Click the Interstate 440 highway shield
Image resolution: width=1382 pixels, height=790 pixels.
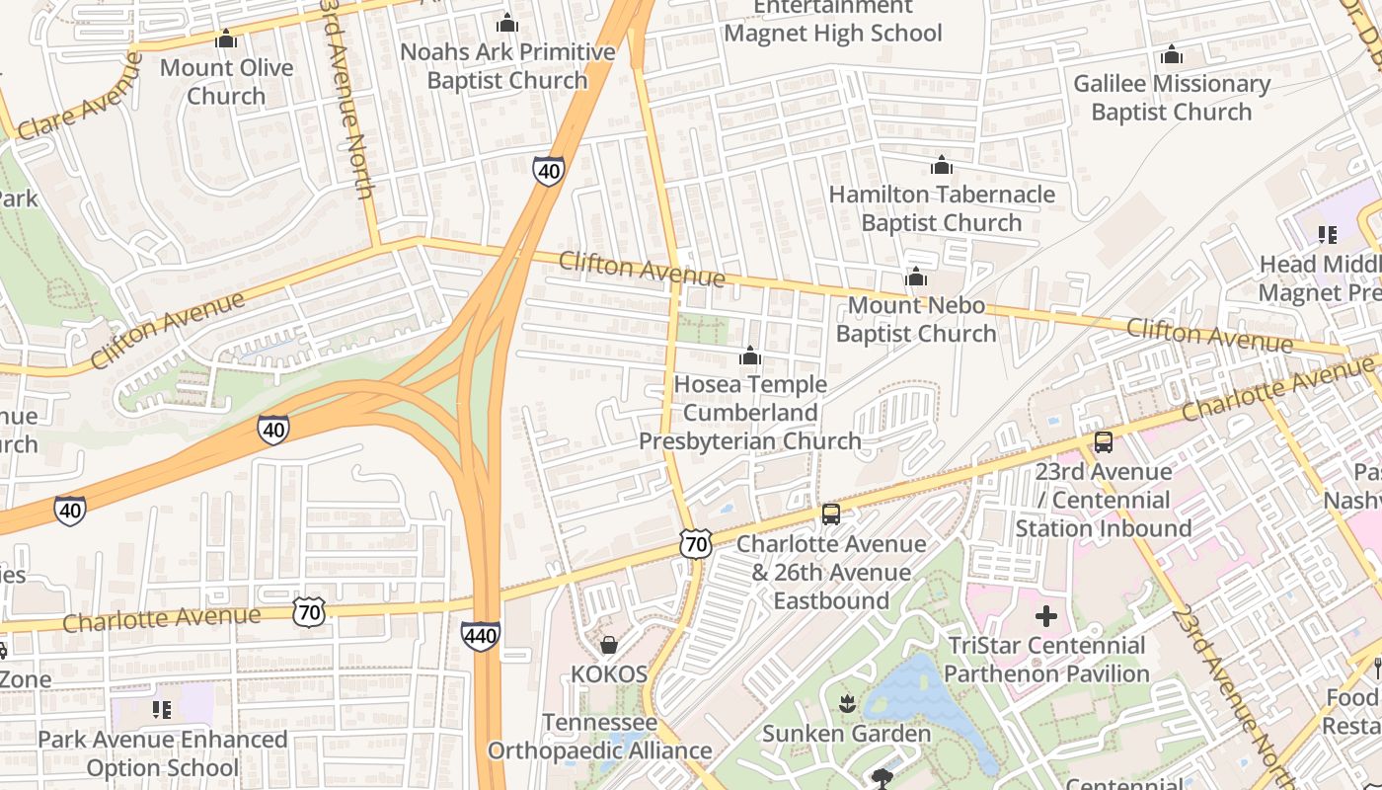point(480,636)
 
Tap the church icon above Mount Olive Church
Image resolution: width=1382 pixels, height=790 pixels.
point(226,39)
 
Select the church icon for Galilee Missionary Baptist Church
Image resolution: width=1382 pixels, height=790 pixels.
point(1171,54)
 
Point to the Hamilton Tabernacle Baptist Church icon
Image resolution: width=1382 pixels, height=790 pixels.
point(942,165)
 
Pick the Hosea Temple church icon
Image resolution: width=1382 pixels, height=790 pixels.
point(749,355)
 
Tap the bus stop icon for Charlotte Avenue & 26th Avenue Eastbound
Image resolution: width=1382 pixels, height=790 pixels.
point(831,513)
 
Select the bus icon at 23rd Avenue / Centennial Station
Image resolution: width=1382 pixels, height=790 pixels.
point(1103,441)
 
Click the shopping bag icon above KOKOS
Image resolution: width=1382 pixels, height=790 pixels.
point(609,645)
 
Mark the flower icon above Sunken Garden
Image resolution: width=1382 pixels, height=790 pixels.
point(846,704)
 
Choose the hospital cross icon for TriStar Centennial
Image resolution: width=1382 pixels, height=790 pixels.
point(1046,617)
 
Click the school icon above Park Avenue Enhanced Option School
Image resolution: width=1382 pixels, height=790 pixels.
point(162,709)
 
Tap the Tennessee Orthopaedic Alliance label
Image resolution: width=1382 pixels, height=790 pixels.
point(599,737)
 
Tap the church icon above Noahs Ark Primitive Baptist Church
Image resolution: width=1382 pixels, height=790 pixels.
point(507,23)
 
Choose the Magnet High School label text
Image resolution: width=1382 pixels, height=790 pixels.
point(833,33)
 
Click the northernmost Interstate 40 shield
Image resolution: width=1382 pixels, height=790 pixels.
point(549,171)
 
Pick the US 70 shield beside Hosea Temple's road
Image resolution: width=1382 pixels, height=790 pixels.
point(695,543)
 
